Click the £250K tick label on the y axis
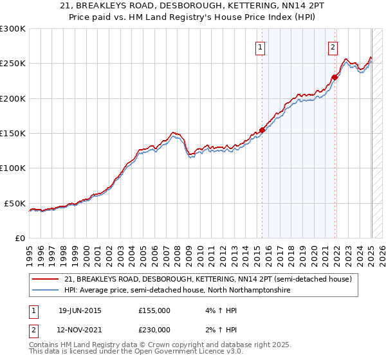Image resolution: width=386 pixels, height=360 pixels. [x=12, y=64]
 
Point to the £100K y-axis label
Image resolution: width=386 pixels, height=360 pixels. [x=12, y=168]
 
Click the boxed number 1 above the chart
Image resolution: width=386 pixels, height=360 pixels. [x=260, y=46]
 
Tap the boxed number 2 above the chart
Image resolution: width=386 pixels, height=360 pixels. [x=333, y=46]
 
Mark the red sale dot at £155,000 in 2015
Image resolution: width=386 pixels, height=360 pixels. [x=262, y=129]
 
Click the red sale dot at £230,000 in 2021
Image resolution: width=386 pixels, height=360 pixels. [x=335, y=77]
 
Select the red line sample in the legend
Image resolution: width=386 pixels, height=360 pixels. [x=46, y=280]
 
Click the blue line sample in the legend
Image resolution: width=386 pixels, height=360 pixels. [x=46, y=291]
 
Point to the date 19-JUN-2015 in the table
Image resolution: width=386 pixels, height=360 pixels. [x=80, y=310]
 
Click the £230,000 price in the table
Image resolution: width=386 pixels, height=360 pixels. [x=154, y=329]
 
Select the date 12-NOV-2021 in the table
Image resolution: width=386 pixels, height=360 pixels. [x=80, y=329]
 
